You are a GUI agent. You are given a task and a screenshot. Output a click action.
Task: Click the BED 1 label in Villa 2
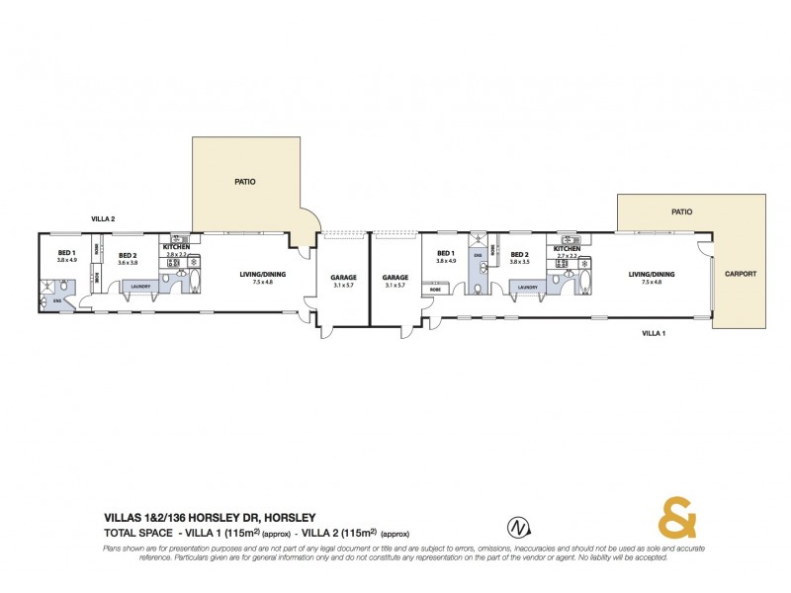pos(66,254)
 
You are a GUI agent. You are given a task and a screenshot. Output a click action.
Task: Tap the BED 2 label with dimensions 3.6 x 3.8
pos(127,255)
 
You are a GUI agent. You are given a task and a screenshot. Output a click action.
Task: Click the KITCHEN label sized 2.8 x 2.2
pos(176,246)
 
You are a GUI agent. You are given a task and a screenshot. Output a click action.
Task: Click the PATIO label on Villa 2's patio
pos(245,182)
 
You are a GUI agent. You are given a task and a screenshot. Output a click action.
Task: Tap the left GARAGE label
pos(343,278)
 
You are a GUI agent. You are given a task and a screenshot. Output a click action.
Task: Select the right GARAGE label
pos(395,278)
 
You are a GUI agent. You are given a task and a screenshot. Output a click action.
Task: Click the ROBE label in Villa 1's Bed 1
pos(435,290)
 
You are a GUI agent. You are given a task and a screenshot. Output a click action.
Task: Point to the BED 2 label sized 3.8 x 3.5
pos(521,255)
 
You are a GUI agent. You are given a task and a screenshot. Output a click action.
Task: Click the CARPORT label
pos(740,273)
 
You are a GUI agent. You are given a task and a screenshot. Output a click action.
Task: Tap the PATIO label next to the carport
pos(681,212)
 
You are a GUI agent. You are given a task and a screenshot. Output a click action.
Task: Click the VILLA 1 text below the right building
pos(652,333)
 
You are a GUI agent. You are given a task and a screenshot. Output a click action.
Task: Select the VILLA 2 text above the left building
pos(104,218)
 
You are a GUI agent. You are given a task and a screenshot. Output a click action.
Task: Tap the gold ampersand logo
pos(678,517)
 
